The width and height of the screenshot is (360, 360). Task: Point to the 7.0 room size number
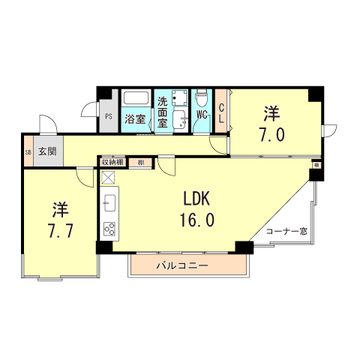coord(271,135)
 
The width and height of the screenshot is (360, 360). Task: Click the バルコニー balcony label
coord(182,266)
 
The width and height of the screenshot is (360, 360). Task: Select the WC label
coord(202,115)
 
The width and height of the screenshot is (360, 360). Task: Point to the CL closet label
coord(221,112)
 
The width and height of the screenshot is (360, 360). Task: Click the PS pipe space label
coord(108,116)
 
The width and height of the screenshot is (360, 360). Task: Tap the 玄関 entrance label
coord(47,151)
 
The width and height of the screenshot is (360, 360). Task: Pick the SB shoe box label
coord(28,151)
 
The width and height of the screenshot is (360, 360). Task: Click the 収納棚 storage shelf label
coord(113,162)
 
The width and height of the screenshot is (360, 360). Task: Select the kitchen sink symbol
coord(109,203)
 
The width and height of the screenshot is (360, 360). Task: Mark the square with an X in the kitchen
coord(109,178)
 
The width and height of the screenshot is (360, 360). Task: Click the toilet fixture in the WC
coord(202,99)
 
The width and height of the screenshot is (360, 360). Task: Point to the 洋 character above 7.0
coord(271,114)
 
